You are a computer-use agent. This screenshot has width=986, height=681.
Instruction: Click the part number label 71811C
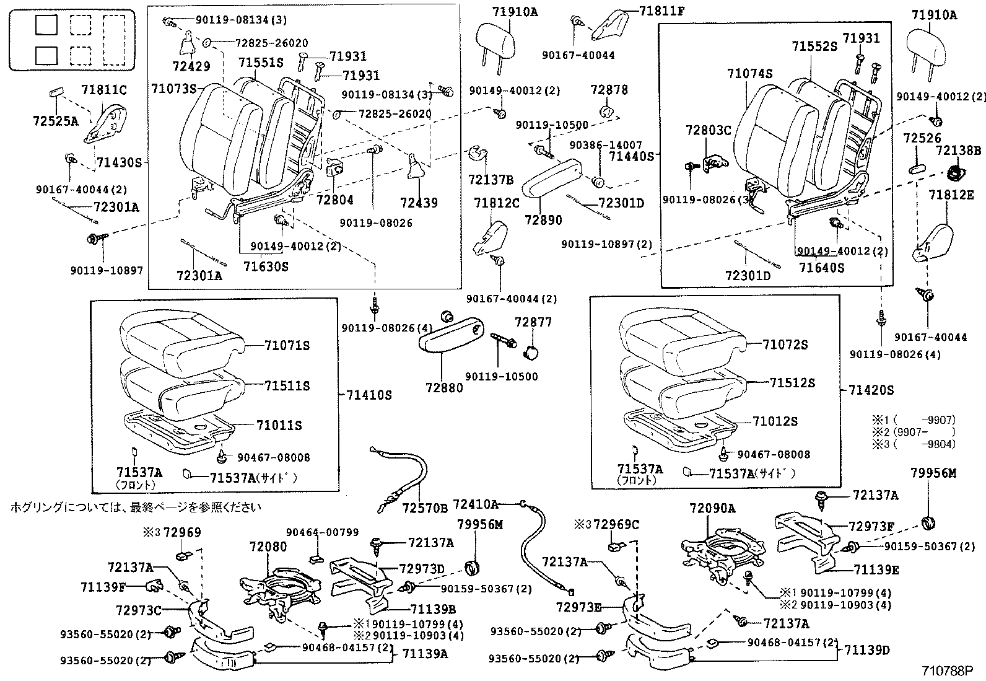104,90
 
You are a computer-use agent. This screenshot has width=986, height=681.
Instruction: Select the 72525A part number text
56,121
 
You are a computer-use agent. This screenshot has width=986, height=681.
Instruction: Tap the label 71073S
173,89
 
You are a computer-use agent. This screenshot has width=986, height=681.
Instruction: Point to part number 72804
334,200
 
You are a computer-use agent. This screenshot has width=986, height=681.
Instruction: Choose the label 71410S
369,395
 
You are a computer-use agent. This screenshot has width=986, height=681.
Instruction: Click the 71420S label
871,390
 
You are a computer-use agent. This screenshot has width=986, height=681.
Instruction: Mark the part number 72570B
424,508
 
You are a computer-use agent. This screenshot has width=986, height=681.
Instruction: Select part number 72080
268,547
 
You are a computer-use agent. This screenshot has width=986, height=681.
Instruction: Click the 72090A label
712,509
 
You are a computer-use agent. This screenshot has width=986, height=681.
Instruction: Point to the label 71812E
951,195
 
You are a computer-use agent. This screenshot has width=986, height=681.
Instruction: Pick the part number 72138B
958,151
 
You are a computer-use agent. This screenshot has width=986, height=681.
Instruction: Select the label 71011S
279,425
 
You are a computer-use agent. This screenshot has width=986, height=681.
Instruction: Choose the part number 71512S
792,383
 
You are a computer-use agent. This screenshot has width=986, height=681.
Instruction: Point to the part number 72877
533,322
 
